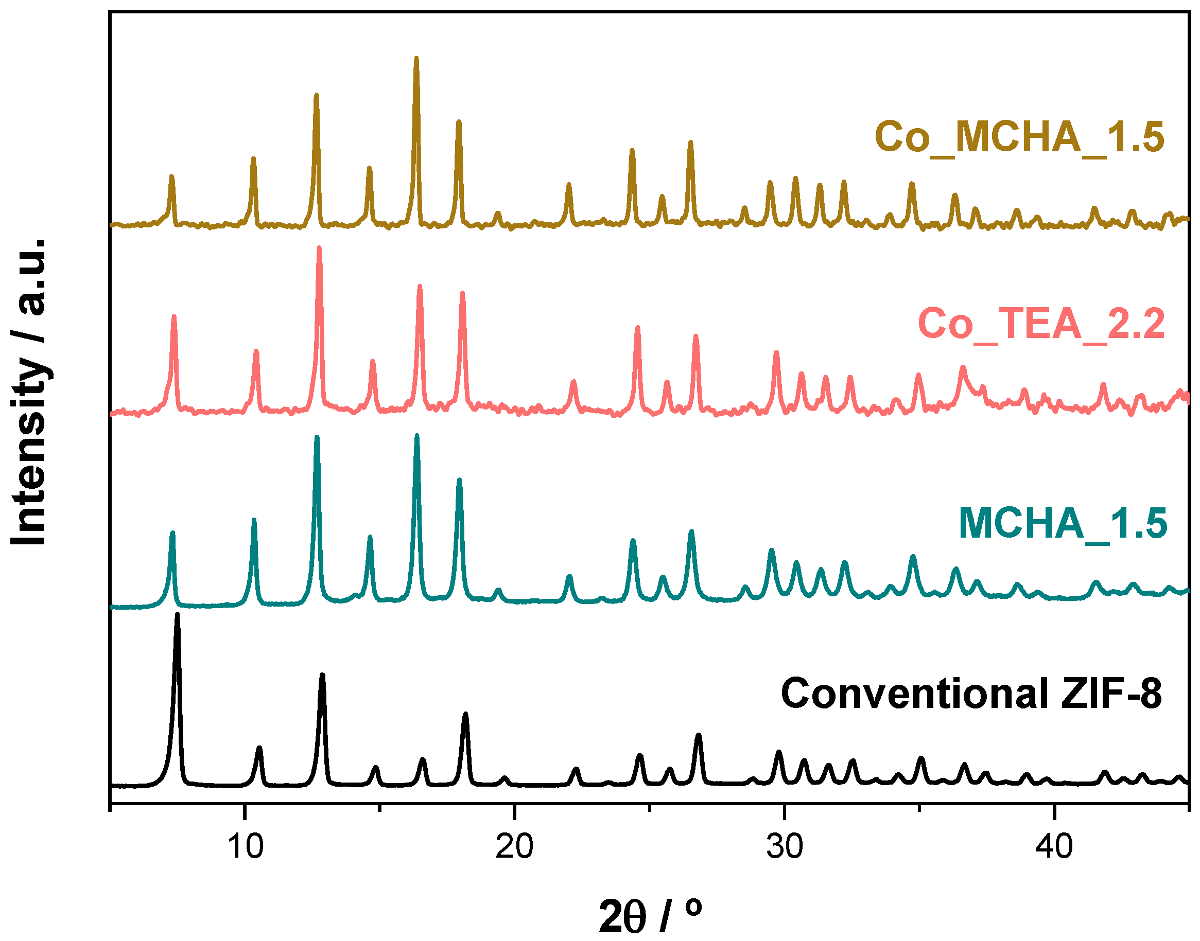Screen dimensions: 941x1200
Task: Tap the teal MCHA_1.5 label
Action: click(1062, 523)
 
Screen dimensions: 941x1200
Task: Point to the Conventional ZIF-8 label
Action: click(971, 694)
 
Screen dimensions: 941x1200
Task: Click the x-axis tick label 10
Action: click(245, 847)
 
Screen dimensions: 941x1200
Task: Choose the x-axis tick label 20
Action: click(514, 847)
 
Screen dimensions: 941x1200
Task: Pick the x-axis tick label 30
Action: click(784, 847)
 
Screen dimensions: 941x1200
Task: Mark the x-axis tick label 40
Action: click(1053, 847)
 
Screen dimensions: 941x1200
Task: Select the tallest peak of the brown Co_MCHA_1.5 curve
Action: click(416, 59)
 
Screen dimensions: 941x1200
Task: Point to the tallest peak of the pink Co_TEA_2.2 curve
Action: click(319, 249)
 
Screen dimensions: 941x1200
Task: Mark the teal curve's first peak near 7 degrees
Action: click(172, 534)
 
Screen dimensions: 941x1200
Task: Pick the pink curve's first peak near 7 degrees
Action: click(174, 317)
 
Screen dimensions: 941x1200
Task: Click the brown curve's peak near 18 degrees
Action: click(459, 122)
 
